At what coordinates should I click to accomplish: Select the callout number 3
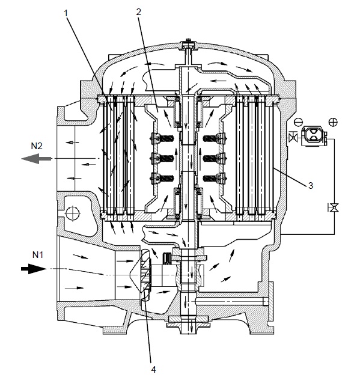(x=311, y=186)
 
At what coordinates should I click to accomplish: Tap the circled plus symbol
(x=332, y=122)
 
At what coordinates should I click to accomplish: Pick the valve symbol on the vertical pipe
(x=332, y=207)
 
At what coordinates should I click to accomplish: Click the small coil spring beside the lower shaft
(x=170, y=259)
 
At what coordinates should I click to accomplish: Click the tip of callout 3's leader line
(x=274, y=170)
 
